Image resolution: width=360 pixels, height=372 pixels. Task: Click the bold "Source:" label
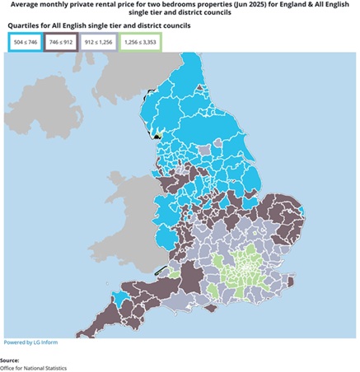10,360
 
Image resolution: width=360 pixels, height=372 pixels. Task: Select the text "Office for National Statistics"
33,368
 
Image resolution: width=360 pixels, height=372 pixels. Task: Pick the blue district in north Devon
122,296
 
